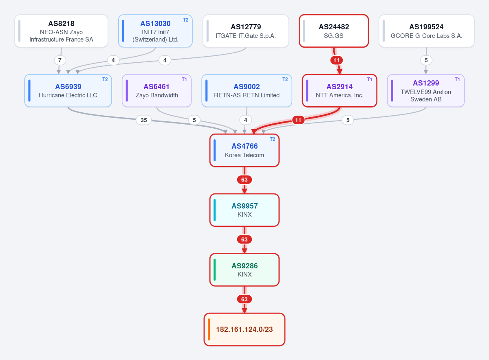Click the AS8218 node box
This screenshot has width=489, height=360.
coord(62,31)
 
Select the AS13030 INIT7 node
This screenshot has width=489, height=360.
coord(155,31)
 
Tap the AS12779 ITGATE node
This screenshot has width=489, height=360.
coord(246,31)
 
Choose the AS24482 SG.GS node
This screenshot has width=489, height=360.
coord(334,31)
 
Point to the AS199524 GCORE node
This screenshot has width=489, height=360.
coord(426,31)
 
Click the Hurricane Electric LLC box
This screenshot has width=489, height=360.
coord(68,90)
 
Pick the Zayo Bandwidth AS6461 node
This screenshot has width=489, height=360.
coord(156,90)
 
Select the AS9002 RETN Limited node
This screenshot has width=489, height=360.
coord(247,90)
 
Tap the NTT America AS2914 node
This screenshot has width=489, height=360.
coord(339,90)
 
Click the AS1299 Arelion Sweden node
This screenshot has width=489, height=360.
coord(426,90)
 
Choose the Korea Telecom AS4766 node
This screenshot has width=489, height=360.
coord(244,150)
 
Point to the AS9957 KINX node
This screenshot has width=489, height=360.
coord(244,210)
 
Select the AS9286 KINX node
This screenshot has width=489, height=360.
coord(244,270)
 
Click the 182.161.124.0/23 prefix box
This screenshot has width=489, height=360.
coord(244,329)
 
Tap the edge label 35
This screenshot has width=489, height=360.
coord(143,120)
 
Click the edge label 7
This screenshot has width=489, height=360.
coord(60,60)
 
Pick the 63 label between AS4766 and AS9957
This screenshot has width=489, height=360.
coord(244,180)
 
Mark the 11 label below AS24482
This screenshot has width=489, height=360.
coord(337,60)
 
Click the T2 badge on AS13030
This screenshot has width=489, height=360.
coord(185,20)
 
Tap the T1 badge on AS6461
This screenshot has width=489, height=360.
coord(184,79)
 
